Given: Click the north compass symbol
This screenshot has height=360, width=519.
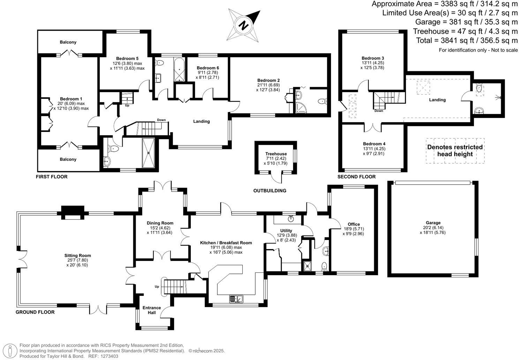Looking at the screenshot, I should point(244,25).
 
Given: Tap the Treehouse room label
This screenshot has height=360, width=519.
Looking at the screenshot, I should point(276,154).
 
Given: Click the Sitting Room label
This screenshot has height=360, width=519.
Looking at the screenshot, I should point(77,256).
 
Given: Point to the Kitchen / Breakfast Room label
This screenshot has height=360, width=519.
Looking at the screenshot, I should point(226,243).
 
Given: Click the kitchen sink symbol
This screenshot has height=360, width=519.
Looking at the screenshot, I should point(236,299).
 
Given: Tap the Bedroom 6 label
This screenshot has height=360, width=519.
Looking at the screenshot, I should point(208,68).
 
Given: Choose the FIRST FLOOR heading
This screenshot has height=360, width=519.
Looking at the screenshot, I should point(52,177).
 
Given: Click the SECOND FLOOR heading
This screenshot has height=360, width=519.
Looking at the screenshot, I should point(356,177).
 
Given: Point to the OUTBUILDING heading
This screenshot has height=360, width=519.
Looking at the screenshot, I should point(270,191).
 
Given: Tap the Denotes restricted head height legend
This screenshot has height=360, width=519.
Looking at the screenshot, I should point(455,151).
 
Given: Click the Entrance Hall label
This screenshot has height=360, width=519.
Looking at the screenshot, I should point(152,310).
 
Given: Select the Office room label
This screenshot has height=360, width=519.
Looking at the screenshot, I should point(354,224).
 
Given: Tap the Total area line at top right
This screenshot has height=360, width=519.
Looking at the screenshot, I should point(467,40).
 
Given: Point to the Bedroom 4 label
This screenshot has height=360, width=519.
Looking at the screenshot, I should point(374,144).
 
